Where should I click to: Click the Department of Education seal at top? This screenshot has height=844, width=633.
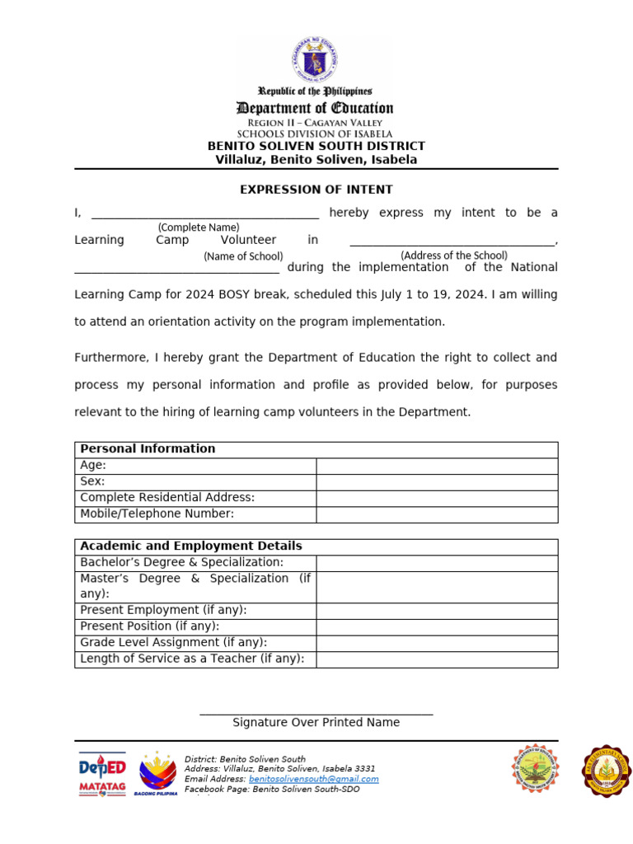click(314, 59)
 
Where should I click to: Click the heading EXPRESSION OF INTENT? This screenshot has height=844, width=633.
click(316, 190)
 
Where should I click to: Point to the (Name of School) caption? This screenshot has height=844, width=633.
click(243, 256)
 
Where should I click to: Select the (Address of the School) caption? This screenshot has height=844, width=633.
click(454, 256)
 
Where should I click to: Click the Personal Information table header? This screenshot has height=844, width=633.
click(148, 449)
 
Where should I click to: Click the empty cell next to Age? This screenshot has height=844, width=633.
click(437, 466)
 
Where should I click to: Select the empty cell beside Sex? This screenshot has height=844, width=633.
click(437, 481)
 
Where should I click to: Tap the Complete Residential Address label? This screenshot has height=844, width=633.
click(167, 498)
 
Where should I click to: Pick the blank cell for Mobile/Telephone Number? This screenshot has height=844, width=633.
click(437, 514)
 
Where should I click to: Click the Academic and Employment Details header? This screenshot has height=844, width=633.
click(191, 546)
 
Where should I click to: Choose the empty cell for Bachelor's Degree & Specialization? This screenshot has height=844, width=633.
click(437, 562)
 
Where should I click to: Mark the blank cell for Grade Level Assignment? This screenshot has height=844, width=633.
click(437, 643)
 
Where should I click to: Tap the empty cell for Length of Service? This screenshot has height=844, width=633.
click(437, 659)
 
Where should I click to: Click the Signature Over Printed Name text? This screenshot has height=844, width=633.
click(316, 723)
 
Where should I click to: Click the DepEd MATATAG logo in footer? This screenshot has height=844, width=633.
click(102, 773)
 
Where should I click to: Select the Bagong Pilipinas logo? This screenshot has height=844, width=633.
click(156, 773)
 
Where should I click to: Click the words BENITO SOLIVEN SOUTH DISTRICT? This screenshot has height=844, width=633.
click(316, 147)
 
